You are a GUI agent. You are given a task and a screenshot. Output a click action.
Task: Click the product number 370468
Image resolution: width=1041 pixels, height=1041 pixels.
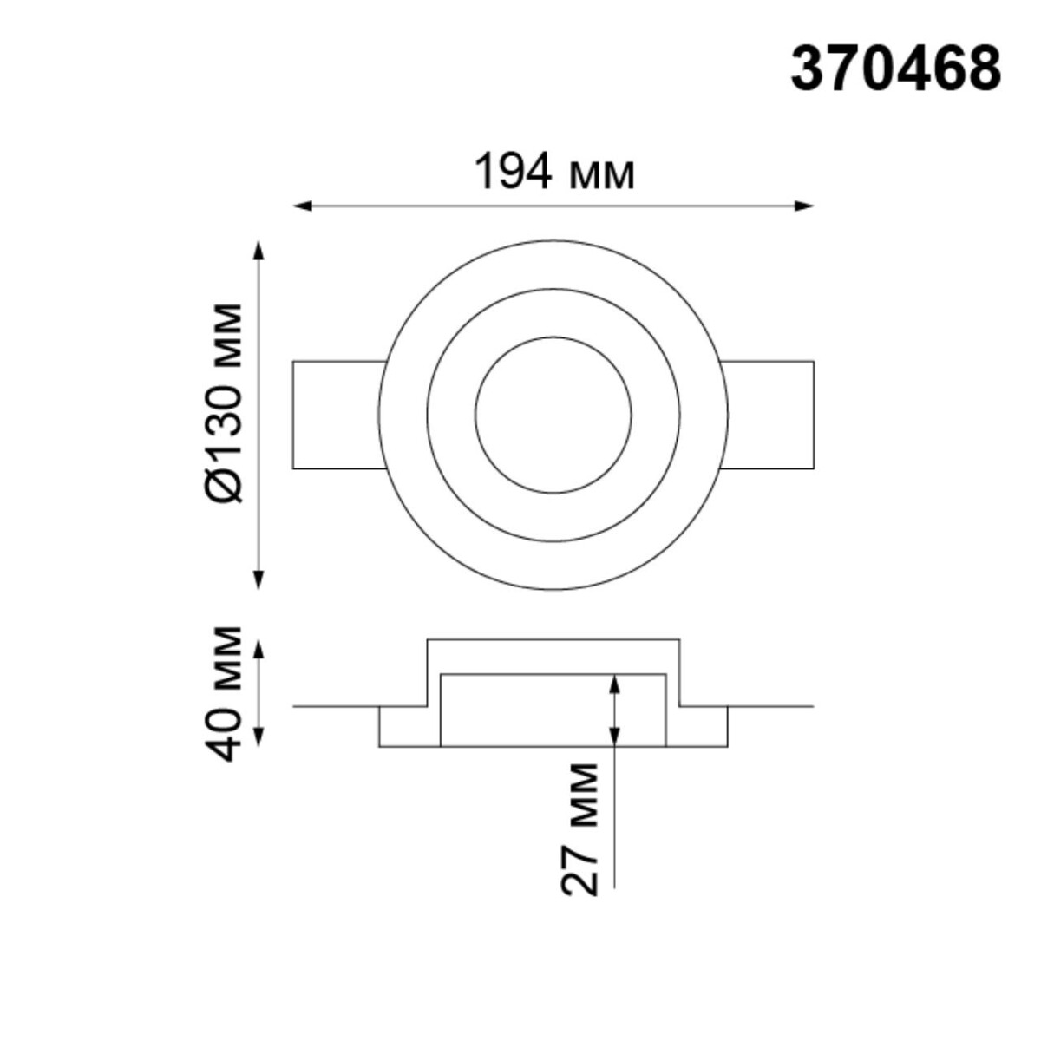[895, 69]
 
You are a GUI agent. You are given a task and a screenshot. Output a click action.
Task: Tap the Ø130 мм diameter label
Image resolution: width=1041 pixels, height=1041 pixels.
[227, 403]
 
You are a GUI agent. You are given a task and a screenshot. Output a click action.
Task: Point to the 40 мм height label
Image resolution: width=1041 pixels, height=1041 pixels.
[227, 692]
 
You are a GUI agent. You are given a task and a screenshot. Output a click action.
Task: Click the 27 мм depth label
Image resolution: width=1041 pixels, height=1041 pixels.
[579, 828]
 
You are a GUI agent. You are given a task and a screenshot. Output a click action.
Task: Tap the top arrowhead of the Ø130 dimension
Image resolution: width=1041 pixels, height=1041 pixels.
[258, 251]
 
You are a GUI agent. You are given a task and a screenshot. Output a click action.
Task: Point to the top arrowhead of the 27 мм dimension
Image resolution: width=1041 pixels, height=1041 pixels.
[614, 684]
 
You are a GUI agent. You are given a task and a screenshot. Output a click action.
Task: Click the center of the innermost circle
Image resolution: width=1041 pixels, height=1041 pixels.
[553, 414]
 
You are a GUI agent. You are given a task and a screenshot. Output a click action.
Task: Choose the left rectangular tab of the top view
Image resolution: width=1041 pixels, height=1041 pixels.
[337, 415]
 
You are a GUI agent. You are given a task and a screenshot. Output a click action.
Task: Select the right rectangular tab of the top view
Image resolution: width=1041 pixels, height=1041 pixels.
[769, 415]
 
